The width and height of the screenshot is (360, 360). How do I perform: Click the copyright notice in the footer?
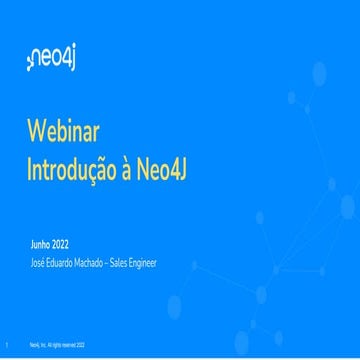57,342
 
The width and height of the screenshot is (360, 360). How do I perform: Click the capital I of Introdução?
30,168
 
